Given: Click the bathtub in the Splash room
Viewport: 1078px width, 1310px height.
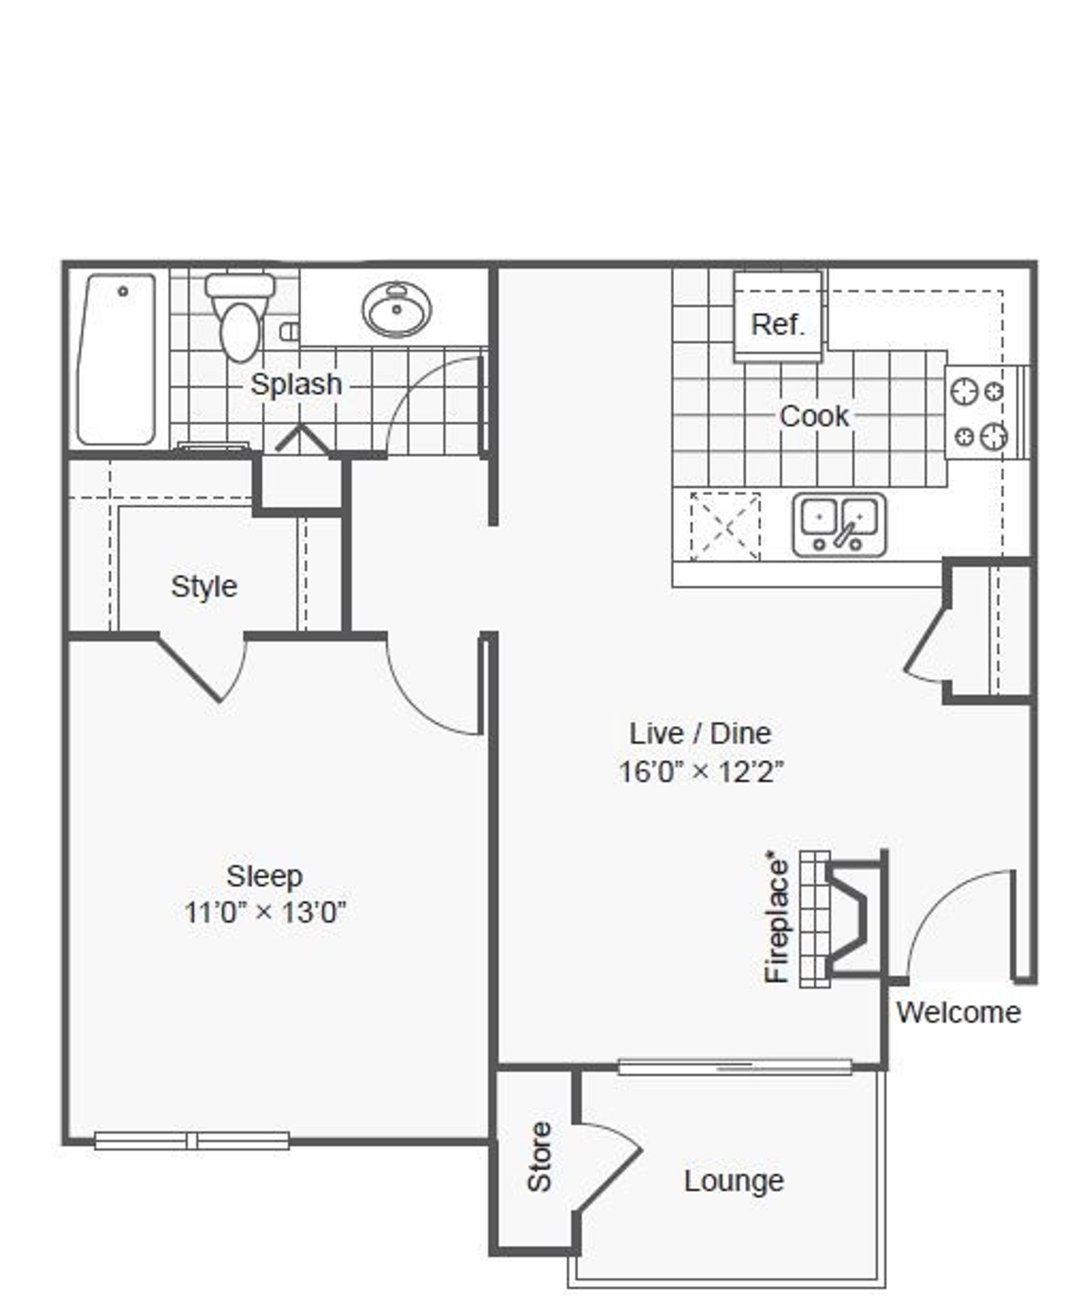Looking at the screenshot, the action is (x=117, y=360).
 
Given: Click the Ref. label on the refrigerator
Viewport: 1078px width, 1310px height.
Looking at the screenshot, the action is (x=778, y=324).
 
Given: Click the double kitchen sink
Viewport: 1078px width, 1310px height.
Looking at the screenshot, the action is (x=839, y=525).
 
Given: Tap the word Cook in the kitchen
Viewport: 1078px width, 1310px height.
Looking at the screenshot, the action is (x=813, y=416).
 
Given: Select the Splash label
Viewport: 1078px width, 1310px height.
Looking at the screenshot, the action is (x=296, y=384).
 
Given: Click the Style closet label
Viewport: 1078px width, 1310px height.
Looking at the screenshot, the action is (x=204, y=587).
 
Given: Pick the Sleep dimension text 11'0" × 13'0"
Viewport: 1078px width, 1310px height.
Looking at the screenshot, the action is (x=265, y=912).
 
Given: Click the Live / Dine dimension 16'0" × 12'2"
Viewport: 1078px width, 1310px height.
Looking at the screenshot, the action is (x=701, y=772).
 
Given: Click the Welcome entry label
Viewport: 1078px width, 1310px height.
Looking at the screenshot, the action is (x=958, y=1013).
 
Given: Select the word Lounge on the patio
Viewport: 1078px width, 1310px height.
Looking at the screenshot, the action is (x=734, y=1181).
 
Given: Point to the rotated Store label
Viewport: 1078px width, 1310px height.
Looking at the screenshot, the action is (x=539, y=1156).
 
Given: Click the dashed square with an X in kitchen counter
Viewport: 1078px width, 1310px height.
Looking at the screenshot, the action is (x=725, y=526).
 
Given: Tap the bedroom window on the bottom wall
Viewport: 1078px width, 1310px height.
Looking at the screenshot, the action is (x=192, y=1140).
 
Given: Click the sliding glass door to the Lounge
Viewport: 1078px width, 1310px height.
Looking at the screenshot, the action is (x=735, y=1067).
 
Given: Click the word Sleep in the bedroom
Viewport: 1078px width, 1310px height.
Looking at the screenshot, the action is (x=265, y=876).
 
